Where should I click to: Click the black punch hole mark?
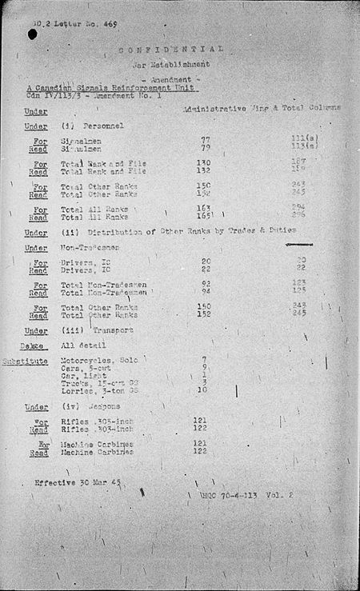coord(34,35)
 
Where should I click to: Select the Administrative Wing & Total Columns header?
coord(262,107)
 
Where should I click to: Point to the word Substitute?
coord(34,361)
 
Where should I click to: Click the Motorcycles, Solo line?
coord(98,360)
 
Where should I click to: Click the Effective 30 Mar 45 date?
coord(79,482)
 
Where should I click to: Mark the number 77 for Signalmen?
coord(206,140)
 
